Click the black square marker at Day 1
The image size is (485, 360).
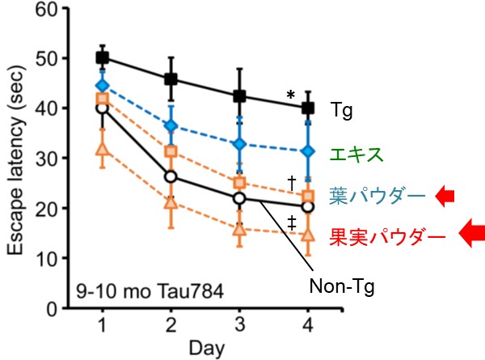[102, 57]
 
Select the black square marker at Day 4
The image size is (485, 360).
[307, 108]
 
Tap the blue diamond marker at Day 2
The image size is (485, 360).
[171, 125]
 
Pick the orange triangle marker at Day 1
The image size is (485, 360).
[102, 149]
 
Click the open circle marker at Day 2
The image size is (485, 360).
[171, 176]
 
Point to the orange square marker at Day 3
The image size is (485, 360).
[239, 183]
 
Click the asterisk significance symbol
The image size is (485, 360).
[291, 95]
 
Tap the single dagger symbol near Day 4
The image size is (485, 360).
[291, 181]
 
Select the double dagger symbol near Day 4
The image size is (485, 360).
[291, 223]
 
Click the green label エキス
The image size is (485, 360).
[356, 153]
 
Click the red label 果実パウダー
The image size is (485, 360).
[387, 237]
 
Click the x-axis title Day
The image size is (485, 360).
[205, 348]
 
